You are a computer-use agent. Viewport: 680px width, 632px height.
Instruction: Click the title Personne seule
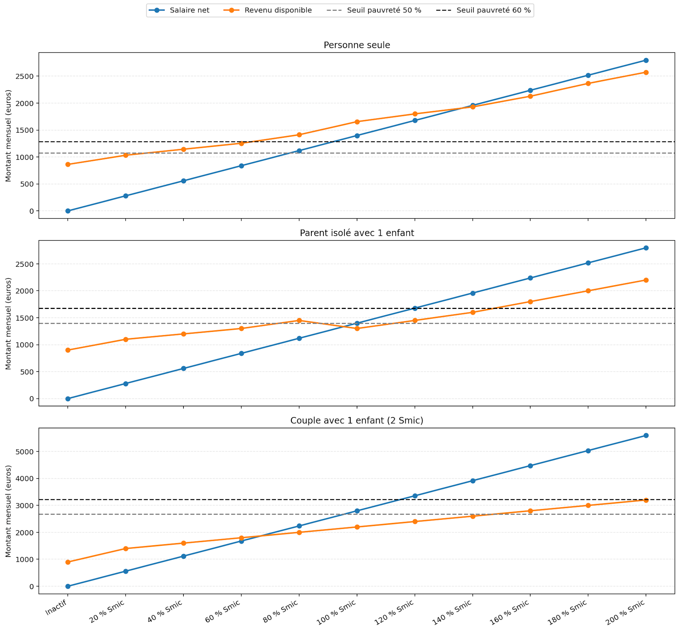(357, 45)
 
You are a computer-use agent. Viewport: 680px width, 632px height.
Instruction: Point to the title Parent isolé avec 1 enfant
(357, 233)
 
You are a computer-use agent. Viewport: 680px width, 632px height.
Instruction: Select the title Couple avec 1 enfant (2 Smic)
(357, 421)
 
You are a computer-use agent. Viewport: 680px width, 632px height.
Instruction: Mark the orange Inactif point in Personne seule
(68, 164)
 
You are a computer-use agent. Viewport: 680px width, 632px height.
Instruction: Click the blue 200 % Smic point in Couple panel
(646, 436)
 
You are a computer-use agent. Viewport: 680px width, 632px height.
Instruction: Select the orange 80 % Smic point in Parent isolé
(299, 321)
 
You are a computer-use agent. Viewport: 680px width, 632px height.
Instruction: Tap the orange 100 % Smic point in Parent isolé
(357, 329)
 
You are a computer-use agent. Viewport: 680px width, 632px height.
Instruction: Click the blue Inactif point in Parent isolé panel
(68, 399)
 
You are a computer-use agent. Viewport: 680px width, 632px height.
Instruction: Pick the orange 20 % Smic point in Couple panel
(126, 549)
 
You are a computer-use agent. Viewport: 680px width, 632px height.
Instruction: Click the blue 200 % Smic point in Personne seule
(646, 61)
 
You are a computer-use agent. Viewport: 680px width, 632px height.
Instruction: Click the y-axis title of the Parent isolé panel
(8, 323)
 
